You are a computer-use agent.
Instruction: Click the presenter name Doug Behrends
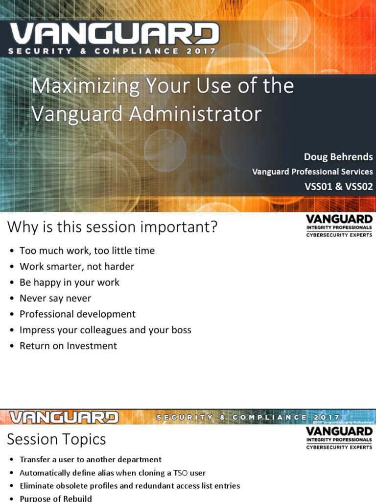click(338, 157)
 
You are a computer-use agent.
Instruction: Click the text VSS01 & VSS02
click(338, 186)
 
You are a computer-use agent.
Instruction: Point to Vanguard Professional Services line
click(312, 172)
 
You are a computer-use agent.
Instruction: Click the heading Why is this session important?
click(112, 227)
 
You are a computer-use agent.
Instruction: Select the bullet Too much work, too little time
click(87, 251)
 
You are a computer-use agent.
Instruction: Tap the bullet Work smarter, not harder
click(76, 266)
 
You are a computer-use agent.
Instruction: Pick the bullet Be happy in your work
click(69, 282)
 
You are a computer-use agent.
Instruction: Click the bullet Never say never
click(55, 298)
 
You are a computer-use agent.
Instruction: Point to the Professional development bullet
click(77, 314)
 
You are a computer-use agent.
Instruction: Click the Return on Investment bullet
click(68, 346)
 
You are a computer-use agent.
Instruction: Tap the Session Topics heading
click(56, 439)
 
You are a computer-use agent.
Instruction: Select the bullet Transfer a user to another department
click(90, 460)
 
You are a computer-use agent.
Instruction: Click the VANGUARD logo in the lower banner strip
click(64, 418)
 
